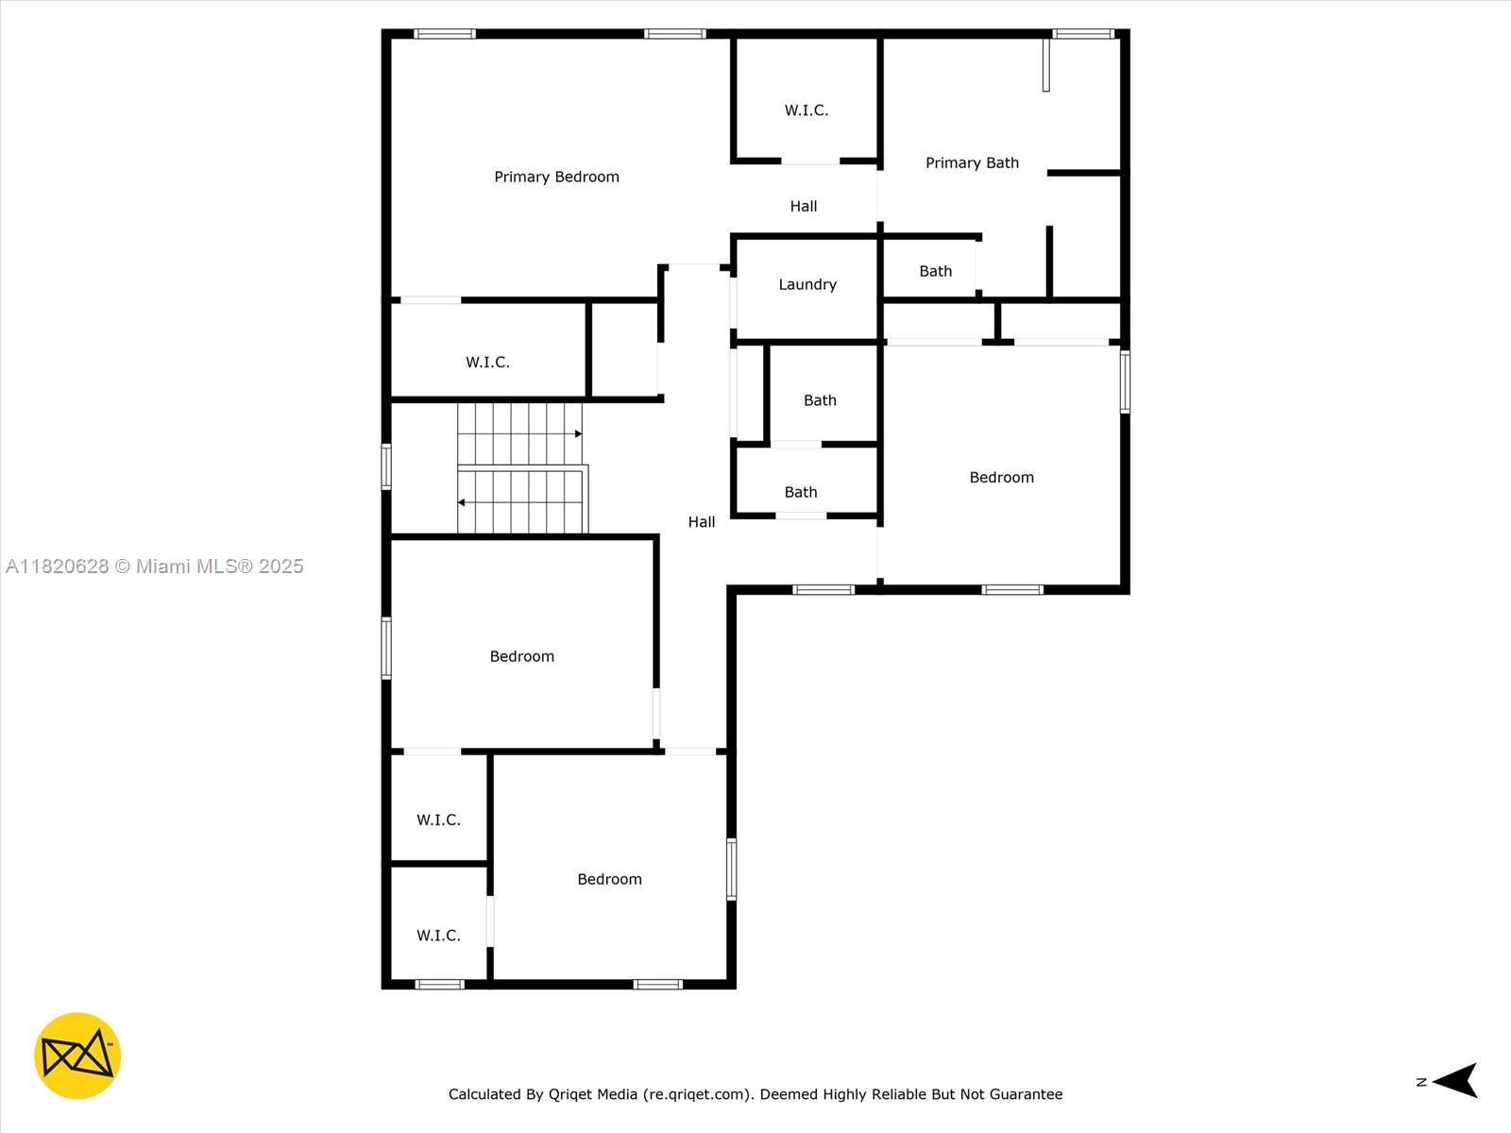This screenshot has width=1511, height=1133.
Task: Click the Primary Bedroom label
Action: click(x=556, y=177)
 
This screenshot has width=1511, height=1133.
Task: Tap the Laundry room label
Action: click(x=807, y=284)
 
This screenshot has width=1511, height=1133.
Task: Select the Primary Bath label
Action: click(x=972, y=162)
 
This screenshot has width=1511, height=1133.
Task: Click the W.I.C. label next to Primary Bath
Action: click(x=806, y=110)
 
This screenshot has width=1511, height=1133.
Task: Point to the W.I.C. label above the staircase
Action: click(x=487, y=362)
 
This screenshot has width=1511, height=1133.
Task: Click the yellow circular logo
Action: click(x=77, y=1056)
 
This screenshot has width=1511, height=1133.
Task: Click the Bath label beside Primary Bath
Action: click(x=936, y=271)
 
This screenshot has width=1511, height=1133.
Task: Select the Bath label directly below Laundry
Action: click(x=820, y=400)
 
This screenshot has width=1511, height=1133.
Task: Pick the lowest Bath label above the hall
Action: click(x=801, y=492)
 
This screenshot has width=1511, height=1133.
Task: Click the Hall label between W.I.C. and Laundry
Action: click(x=804, y=206)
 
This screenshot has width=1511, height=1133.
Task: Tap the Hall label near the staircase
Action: click(x=702, y=522)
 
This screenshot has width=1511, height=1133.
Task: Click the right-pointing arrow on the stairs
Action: click(x=577, y=434)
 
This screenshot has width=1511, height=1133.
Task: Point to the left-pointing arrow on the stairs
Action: click(x=463, y=502)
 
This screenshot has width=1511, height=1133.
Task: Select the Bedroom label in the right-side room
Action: click(x=1001, y=478)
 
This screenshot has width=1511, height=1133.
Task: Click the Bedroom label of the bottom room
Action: click(x=609, y=879)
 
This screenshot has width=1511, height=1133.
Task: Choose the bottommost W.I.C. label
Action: click(x=438, y=936)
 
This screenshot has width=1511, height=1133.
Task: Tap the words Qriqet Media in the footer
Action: click(x=593, y=1094)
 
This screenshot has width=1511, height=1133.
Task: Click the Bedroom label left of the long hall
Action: click(x=521, y=656)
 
